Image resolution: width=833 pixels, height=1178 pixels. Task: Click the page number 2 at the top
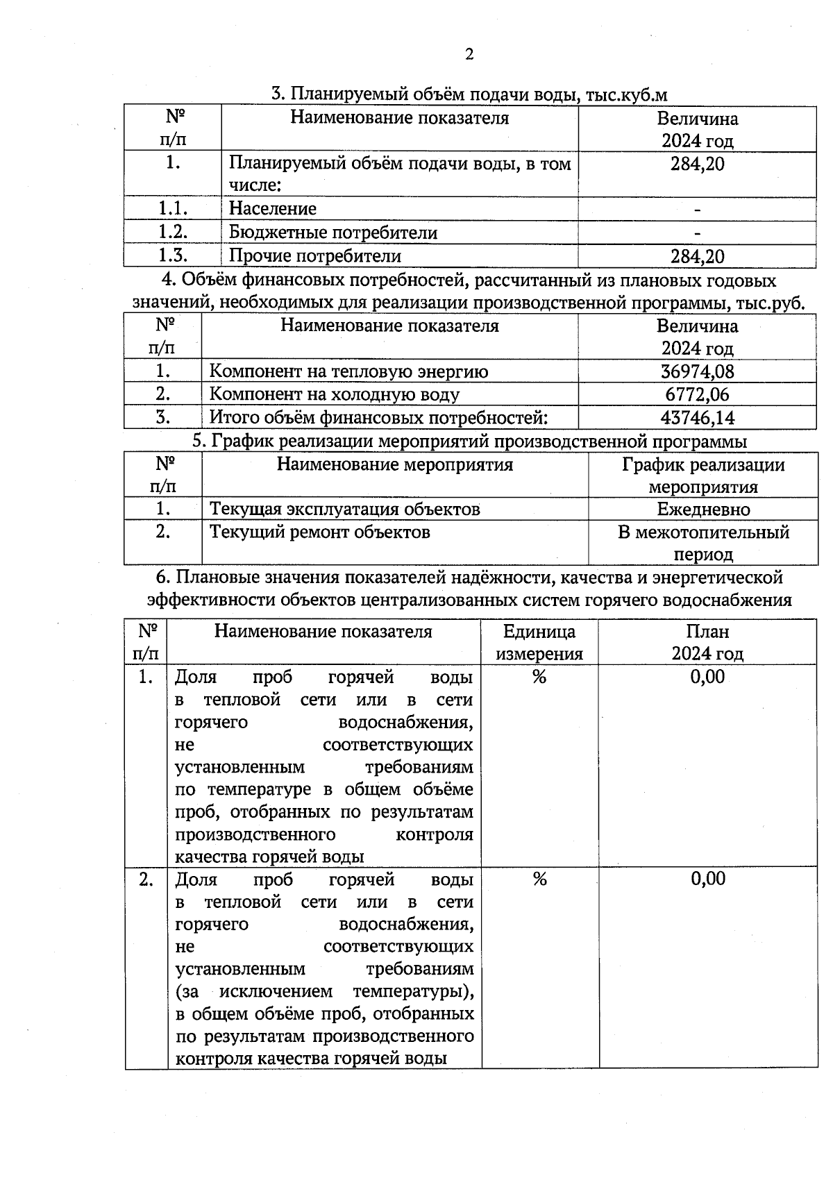[x=469, y=55]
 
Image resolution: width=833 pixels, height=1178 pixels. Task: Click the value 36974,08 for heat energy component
[x=697, y=371]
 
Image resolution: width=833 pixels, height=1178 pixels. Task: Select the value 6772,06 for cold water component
[x=697, y=394]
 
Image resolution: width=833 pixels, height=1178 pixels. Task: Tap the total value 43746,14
[x=697, y=418]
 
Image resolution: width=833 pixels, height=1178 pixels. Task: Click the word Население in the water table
[x=273, y=209]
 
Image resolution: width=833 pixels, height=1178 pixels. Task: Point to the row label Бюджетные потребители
[x=333, y=233]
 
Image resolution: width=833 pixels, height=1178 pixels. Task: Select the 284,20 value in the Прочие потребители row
[x=697, y=256]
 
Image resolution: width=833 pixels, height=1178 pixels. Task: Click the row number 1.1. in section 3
[x=173, y=209]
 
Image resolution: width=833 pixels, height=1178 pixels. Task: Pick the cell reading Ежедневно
[x=703, y=510]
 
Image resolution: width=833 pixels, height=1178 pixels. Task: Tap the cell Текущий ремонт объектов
[x=320, y=532]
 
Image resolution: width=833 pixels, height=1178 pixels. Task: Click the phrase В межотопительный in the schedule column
[x=703, y=532]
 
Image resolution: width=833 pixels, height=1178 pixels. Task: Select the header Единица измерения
[x=539, y=642]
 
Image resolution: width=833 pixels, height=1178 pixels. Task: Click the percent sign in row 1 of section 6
[x=539, y=677]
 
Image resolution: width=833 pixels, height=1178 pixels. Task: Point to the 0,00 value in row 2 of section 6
[x=707, y=879]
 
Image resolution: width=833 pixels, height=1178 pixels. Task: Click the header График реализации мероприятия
[x=703, y=476]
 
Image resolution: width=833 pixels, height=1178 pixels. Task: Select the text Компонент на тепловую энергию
[x=348, y=371]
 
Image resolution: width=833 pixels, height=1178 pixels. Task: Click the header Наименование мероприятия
[x=394, y=464]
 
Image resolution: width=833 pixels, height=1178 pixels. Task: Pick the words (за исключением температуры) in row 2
[x=325, y=991]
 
